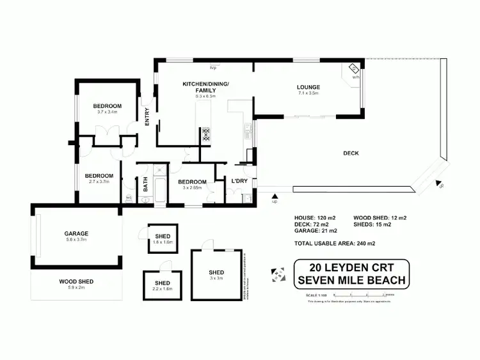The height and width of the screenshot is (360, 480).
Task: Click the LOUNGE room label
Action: (x=308, y=87)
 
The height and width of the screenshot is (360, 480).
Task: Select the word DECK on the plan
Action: (x=351, y=153)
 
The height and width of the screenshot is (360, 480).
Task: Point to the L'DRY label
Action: (x=239, y=182)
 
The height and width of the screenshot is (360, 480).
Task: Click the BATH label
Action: (x=145, y=185)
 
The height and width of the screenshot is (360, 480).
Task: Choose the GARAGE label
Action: (x=76, y=233)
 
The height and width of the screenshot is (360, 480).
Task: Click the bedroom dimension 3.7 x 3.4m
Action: (x=107, y=112)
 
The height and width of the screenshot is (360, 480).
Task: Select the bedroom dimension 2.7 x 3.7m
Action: (x=99, y=182)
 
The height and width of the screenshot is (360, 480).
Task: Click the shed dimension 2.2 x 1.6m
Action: (x=162, y=288)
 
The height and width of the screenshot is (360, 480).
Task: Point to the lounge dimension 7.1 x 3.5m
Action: (x=308, y=93)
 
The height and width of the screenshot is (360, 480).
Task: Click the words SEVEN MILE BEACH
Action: (x=351, y=279)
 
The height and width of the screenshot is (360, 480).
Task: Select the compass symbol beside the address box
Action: (x=278, y=274)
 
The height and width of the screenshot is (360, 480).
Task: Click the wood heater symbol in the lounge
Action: (x=353, y=70)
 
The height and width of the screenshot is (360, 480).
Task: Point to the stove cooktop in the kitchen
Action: (x=207, y=134)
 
